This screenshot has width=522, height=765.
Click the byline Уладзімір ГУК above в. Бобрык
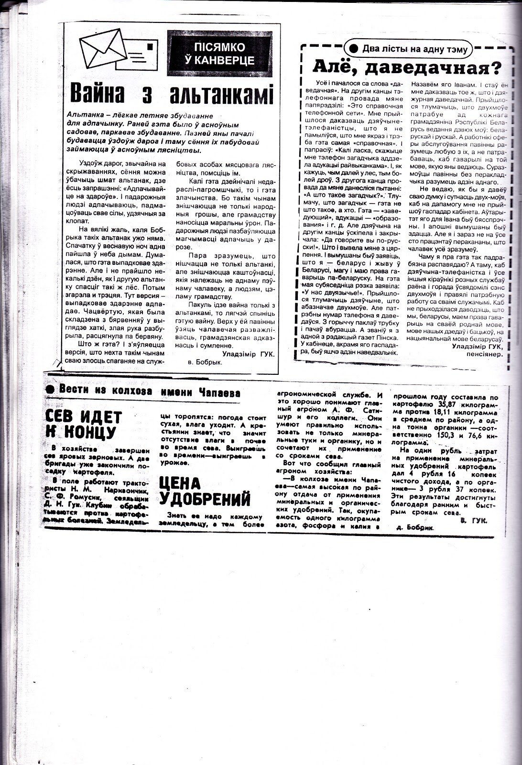click(x=249, y=354)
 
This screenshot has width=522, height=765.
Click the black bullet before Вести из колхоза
click(x=50, y=389)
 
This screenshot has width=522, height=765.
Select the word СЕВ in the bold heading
click(x=64, y=417)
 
